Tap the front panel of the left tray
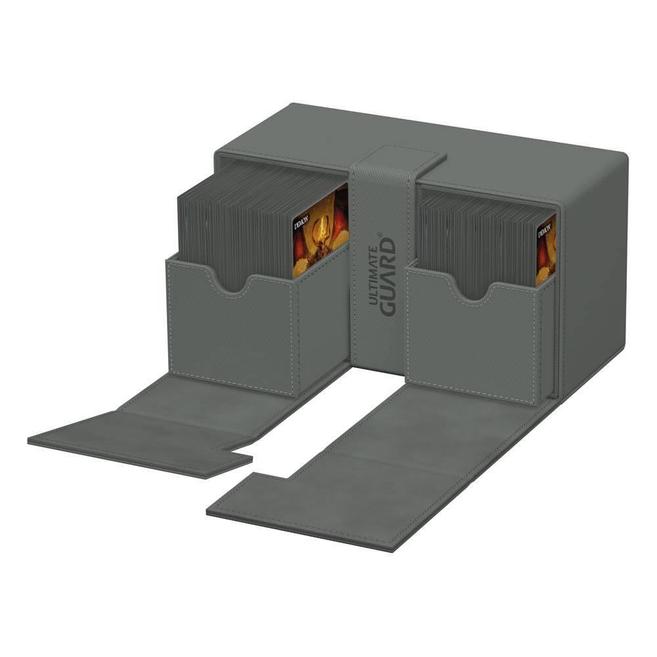tap(230, 328)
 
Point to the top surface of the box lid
tap(526, 151)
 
